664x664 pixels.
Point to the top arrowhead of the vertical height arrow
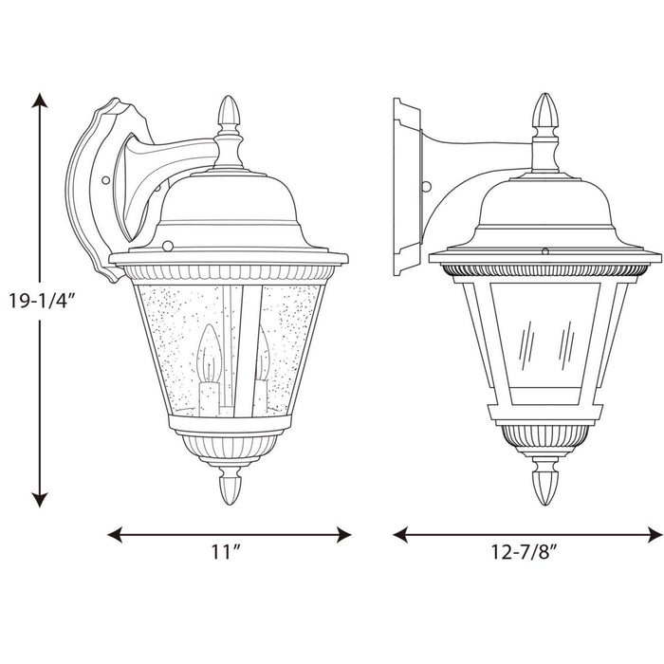point(39,99)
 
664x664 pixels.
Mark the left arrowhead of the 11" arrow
point(112,534)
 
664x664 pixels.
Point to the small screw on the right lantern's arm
point(429,187)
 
